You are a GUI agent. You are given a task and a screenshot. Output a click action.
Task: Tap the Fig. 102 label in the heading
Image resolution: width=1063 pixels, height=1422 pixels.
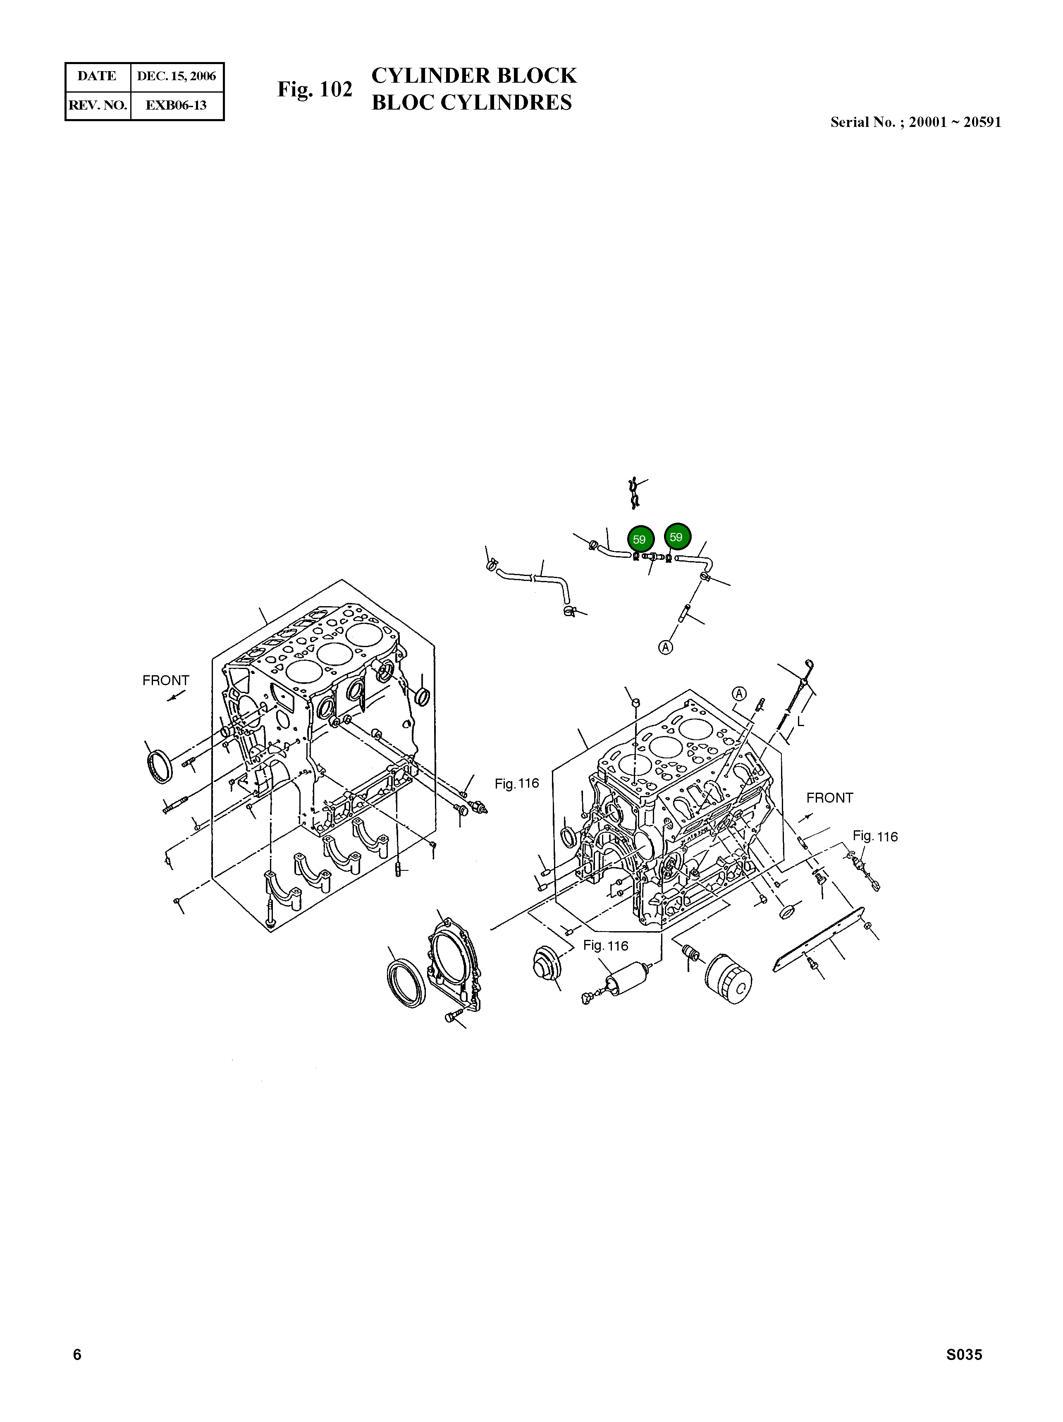coord(314,89)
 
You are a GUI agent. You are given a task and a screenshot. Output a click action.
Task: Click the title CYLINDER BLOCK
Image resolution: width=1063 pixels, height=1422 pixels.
coord(474,76)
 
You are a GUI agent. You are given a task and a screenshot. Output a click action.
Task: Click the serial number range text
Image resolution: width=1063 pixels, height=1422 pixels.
coord(915,122)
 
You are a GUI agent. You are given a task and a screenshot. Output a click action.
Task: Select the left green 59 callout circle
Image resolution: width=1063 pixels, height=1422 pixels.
coord(640,539)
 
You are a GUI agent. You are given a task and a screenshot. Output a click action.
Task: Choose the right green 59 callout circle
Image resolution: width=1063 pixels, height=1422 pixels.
coord(677,536)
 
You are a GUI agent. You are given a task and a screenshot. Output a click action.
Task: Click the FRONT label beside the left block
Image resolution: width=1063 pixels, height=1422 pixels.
coord(166,680)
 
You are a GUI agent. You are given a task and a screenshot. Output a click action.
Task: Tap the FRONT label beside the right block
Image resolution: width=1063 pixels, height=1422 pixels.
coord(829,798)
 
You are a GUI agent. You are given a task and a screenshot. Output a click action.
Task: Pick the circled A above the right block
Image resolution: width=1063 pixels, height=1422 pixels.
coord(740,693)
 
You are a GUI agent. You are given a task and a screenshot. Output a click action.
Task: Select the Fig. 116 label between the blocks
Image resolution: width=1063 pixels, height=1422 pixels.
coord(516,783)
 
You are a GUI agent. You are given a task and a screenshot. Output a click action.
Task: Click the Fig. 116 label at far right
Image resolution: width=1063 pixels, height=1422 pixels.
coord(875,836)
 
